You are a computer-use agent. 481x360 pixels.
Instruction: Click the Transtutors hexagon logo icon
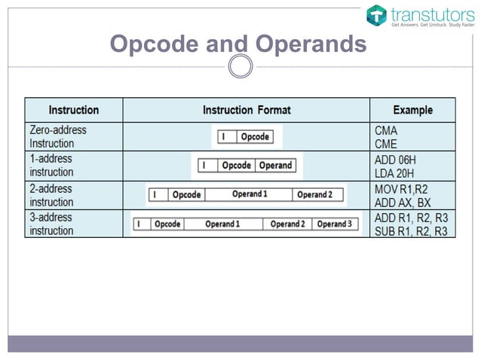(377, 15)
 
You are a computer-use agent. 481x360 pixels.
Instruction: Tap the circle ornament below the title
(240, 67)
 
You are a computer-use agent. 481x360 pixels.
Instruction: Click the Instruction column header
(74, 110)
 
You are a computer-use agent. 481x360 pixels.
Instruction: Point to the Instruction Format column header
(247, 110)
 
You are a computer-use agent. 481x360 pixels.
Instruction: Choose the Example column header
(412, 110)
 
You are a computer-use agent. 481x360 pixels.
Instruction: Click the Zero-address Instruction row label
(58, 136)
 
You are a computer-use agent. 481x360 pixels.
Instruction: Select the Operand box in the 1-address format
(275, 165)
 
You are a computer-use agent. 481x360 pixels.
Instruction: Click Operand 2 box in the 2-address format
(314, 194)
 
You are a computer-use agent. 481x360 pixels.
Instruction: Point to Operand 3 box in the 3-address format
(334, 224)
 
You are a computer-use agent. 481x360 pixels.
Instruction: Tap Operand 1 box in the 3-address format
(222, 224)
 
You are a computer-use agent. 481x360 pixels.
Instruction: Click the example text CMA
(386, 130)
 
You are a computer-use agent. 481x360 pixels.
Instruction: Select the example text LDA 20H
(395, 172)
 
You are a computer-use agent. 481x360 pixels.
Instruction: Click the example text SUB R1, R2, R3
(411, 231)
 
